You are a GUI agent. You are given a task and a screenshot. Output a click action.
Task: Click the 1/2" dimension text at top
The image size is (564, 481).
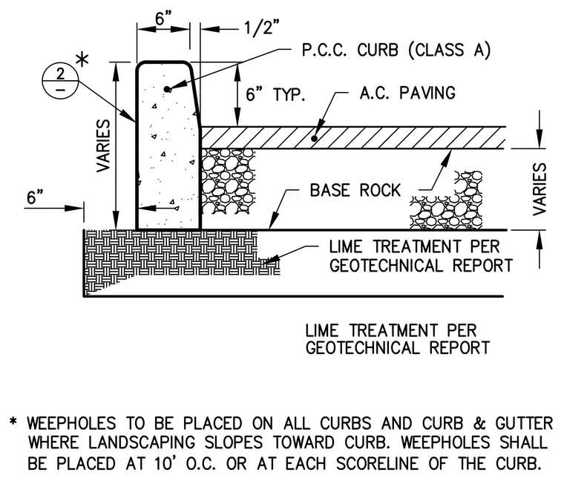click(261, 27)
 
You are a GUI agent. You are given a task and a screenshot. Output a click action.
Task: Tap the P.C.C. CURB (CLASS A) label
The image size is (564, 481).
click(396, 50)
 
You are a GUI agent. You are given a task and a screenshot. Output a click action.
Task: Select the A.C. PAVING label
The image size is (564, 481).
click(407, 93)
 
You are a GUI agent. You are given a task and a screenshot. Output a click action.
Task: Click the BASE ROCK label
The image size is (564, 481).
click(355, 190)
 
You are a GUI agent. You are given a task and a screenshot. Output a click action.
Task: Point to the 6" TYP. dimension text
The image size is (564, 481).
click(275, 94)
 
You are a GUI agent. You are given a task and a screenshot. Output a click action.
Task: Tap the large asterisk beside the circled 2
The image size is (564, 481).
click(82, 59)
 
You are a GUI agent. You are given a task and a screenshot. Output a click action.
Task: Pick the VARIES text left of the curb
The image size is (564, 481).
click(103, 145)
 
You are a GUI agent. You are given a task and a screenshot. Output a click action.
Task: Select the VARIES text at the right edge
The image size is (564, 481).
click(540, 189)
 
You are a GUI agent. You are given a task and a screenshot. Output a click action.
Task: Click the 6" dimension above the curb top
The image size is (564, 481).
click(164, 18)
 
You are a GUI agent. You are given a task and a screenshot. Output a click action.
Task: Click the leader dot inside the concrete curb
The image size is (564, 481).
click(166, 89)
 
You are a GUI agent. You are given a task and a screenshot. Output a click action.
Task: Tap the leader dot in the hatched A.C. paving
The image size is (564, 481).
click(315, 138)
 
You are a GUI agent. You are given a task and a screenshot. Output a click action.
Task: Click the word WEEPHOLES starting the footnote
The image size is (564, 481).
click(71, 423)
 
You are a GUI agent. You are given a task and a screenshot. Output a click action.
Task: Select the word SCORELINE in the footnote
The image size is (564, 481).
click(377, 463)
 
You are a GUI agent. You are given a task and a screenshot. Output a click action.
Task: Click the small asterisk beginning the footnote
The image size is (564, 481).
click(13, 421)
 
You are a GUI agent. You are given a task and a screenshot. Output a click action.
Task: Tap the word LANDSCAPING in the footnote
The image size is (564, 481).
click(142, 443)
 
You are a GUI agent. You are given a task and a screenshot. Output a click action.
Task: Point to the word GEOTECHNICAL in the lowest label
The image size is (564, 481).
click(363, 348)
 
